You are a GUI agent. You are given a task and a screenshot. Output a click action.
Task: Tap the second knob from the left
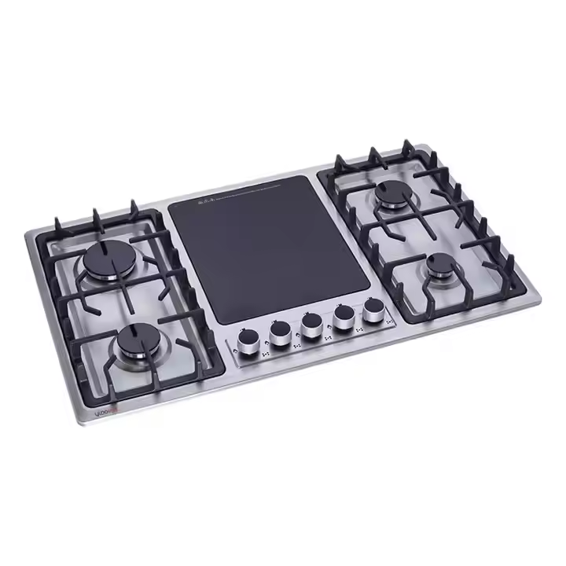pos(278,334)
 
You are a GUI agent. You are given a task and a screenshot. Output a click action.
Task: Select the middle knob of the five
pos(309,326)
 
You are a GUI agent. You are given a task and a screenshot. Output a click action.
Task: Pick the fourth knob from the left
pos(342,319)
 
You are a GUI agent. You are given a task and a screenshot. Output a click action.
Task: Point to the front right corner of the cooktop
pos(542,301)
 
